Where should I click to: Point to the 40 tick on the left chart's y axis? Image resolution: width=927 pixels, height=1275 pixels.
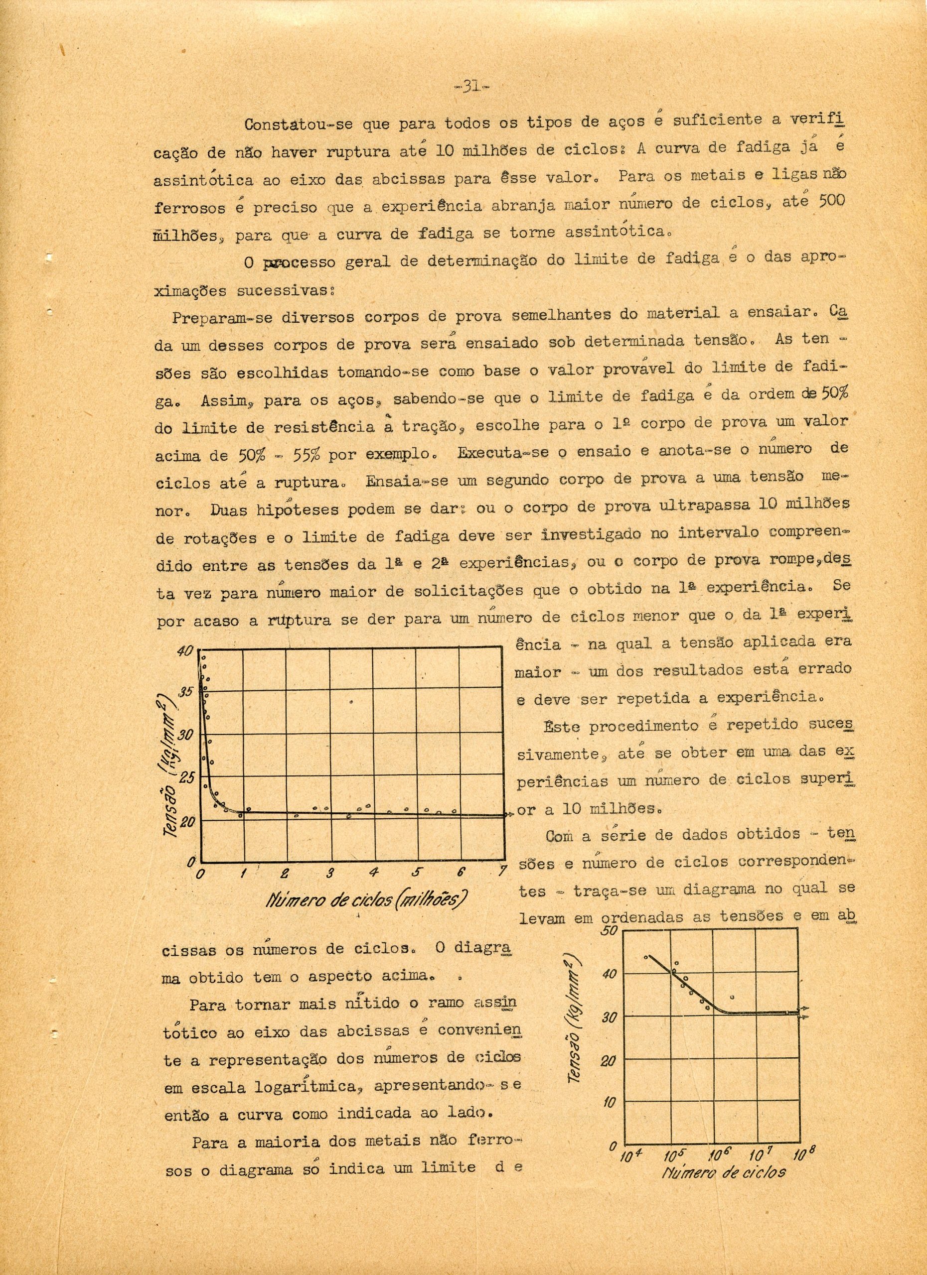point(185,651)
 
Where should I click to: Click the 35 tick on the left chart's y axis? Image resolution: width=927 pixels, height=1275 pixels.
point(185,691)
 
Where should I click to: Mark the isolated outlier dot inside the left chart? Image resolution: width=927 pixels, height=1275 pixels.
point(351,702)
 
